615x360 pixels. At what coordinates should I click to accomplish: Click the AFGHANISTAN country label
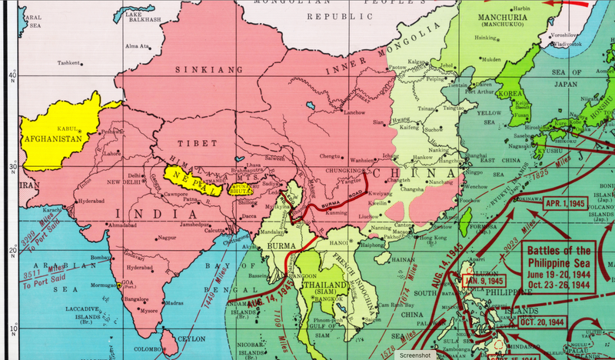(55, 139)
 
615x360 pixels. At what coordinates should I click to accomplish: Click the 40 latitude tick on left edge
(12, 75)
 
